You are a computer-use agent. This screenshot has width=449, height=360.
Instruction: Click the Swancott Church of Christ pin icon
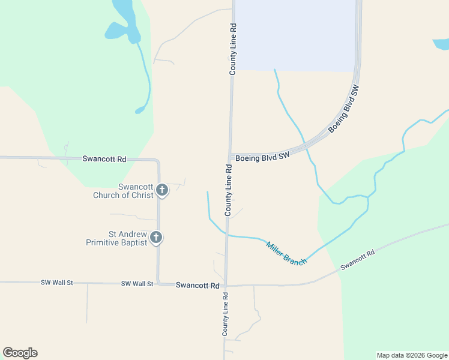[x=161, y=190]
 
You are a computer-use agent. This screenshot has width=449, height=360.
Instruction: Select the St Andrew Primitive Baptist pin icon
[x=156, y=237]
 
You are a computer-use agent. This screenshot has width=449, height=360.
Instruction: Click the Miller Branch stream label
[x=286, y=253]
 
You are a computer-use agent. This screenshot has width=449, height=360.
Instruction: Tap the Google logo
[x=20, y=353]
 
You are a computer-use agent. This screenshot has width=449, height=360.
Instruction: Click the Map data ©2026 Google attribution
[x=412, y=355]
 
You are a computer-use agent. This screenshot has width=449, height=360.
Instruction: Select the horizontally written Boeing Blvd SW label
[x=262, y=158]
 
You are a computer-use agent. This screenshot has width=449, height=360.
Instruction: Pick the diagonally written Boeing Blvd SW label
[x=343, y=109]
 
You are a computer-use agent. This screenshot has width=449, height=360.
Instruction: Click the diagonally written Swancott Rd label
[x=357, y=260]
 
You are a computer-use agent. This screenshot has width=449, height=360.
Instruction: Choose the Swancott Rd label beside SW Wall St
[x=197, y=286]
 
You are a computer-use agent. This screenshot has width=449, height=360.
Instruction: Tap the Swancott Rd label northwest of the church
[x=104, y=159]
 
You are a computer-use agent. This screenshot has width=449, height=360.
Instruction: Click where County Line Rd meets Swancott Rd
[x=226, y=286]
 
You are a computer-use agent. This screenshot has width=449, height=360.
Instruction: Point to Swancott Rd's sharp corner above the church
[x=157, y=161]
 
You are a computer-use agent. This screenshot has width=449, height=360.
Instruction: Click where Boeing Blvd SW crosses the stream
[x=305, y=145]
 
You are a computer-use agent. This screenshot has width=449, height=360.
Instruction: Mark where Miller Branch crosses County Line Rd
[x=227, y=235]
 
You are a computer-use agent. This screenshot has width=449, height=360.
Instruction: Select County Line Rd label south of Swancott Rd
[x=225, y=314]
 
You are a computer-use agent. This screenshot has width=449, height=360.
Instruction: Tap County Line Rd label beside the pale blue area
[x=233, y=49]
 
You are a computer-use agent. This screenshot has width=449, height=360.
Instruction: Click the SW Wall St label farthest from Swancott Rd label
[x=56, y=282]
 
